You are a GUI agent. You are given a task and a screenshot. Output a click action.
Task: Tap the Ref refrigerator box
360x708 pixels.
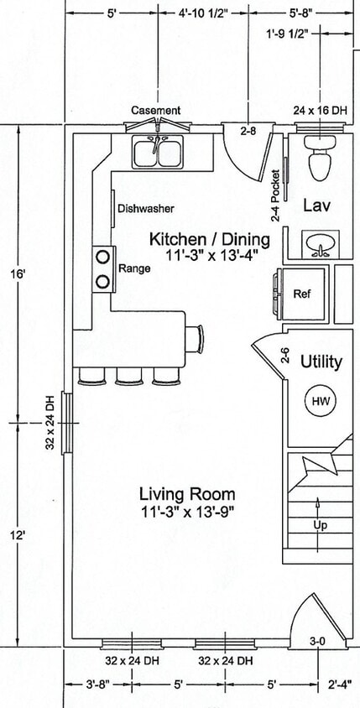point(302,294)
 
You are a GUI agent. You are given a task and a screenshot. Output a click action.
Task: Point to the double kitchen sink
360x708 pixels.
point(158,152)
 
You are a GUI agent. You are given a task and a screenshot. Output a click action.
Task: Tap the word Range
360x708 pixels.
point(134,268)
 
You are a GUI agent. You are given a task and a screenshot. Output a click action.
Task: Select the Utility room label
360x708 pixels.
point(321,362)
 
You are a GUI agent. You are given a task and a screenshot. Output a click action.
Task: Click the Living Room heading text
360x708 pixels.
point(187,494)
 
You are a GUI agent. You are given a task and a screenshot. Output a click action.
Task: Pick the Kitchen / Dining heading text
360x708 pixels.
point(209,239)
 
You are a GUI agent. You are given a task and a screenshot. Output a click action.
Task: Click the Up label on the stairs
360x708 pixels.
point(320,525)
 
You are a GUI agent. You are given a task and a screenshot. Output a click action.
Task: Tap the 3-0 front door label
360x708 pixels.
point(318,641)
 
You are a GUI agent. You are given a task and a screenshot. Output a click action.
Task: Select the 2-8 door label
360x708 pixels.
point(248,132)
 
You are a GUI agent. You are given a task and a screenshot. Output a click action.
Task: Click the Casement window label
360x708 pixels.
point(156,110)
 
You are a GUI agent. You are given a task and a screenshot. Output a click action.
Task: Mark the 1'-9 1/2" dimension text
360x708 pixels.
point(287,33)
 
